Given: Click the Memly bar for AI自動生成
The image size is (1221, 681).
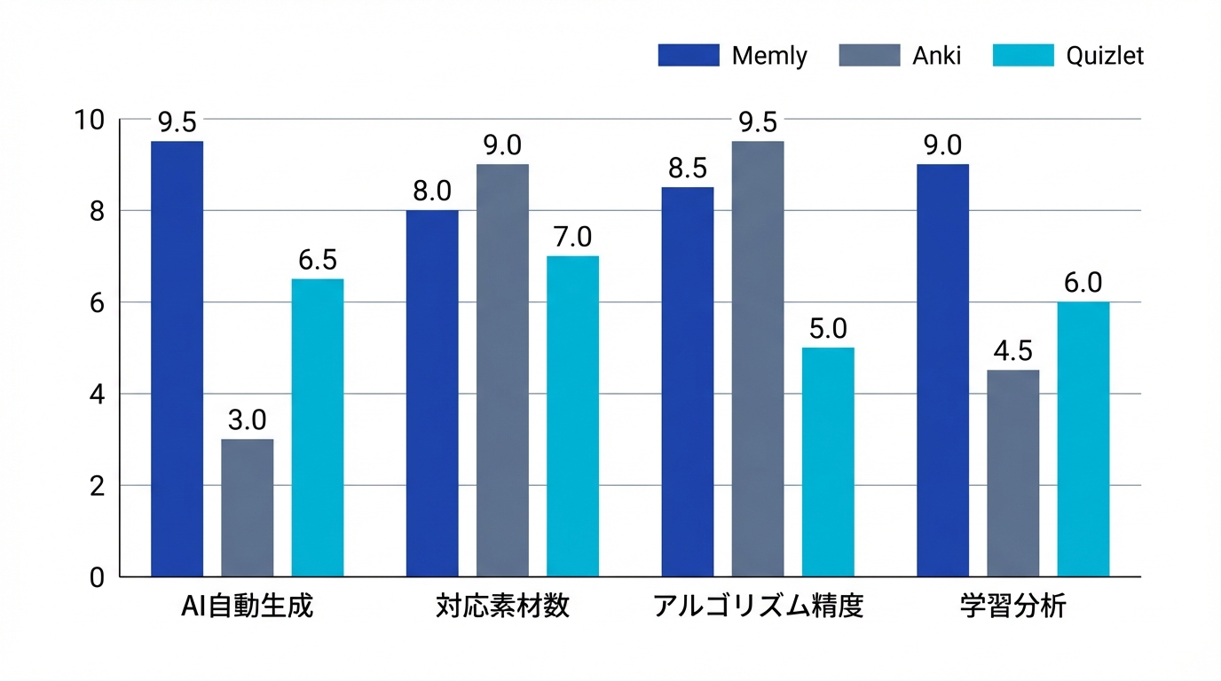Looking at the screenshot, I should [177, 359].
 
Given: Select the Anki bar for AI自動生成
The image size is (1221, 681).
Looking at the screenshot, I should [247, 508].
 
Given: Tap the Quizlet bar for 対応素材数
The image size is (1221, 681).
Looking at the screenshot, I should [572, 417].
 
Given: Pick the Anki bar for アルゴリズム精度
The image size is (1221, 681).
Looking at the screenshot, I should [758, 359].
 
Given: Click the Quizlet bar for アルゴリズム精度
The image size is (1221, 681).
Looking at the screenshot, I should [828, 462].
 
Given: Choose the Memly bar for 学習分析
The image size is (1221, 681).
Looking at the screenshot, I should [942, 371].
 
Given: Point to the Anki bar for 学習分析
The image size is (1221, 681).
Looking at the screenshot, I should [1012, 474].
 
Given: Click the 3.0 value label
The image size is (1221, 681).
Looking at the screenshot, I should [247, 419].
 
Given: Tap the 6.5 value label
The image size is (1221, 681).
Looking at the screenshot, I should [317, 259].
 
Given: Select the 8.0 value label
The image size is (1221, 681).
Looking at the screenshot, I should [432, 191].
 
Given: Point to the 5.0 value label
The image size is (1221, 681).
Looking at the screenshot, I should [828, 328].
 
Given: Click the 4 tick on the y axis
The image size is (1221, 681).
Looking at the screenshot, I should [97, 394].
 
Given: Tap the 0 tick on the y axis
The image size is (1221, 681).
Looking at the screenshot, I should [97, 577].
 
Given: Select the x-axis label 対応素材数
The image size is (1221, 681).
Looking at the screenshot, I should [502, 607].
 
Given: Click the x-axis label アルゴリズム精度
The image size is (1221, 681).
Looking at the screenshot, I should [758, 607].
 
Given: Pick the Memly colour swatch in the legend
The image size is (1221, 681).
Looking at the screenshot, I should [688, 55].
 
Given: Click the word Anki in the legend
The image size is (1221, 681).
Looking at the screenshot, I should [936, 56].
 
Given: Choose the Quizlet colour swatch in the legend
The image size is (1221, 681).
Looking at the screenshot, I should [1023, 55].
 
